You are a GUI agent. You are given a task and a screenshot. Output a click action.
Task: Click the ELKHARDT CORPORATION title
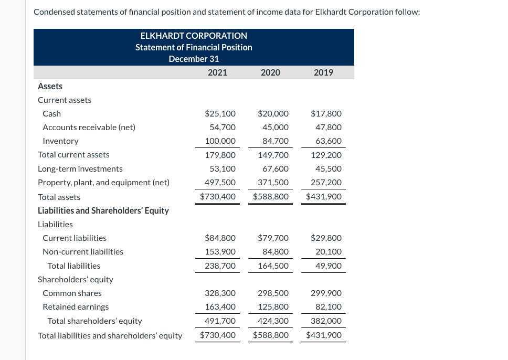point(194,36)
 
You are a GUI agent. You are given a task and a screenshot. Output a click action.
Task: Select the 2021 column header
point(217,72)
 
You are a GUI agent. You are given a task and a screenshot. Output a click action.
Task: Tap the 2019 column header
point(323,72)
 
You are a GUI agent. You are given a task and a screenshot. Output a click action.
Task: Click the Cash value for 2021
point(220,113)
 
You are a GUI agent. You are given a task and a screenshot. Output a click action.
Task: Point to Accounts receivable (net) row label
point(89,127)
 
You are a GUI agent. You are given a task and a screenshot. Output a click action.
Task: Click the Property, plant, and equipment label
point(103,183)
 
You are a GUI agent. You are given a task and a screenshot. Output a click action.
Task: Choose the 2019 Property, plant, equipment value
point(326,183)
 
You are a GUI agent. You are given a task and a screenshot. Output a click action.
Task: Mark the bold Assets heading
point(50,86)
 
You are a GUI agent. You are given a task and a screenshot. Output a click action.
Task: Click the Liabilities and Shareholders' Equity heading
point(103,210)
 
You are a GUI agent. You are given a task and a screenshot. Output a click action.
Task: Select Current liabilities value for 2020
point(273,238)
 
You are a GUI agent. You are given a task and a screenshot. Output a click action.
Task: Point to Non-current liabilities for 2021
point(220,251)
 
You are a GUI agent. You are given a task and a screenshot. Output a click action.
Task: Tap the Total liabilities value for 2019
point(329,266)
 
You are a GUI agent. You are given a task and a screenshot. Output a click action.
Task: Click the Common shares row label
point(72,293)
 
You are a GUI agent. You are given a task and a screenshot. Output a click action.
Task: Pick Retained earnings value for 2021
point(220,306)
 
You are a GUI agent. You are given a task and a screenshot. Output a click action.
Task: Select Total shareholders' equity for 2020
point(273,321)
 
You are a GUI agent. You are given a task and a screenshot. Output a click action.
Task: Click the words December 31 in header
point(194,59)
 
